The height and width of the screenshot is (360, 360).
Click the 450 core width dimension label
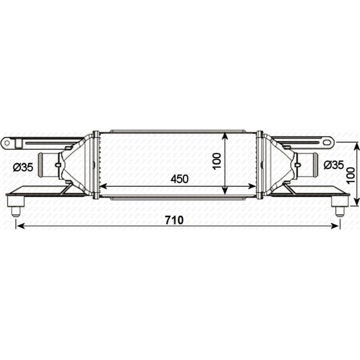(179, 179)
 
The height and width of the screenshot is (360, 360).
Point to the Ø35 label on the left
(22, 167)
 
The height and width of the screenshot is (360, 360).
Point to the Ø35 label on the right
(334, 165)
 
